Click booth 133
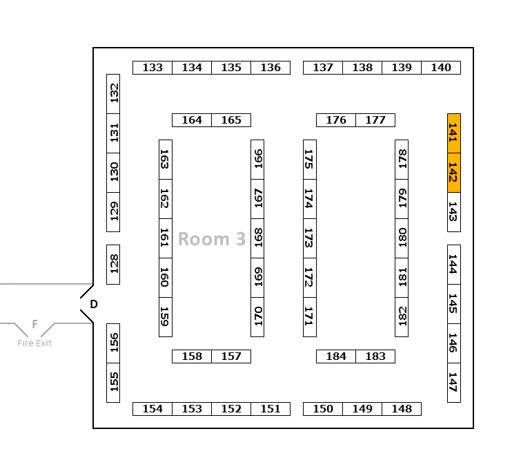point(153,68)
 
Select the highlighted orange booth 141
point(453,133)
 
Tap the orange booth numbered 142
point(453,172)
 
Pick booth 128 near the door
point(113,264)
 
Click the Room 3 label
point(212,239)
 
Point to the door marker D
point(94,304)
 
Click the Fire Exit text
point(35,343)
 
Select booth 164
point(192,120)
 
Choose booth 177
point(375,120)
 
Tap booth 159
point(166,316)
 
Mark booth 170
point(257,316)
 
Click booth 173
point(310,238)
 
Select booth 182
point(402,316)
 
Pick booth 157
point(231,356)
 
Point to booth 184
point(336,356)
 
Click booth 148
point(402,409)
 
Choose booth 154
point(153,409)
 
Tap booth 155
point(113,382)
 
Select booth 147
point(453,382)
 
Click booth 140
point(441,68)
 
